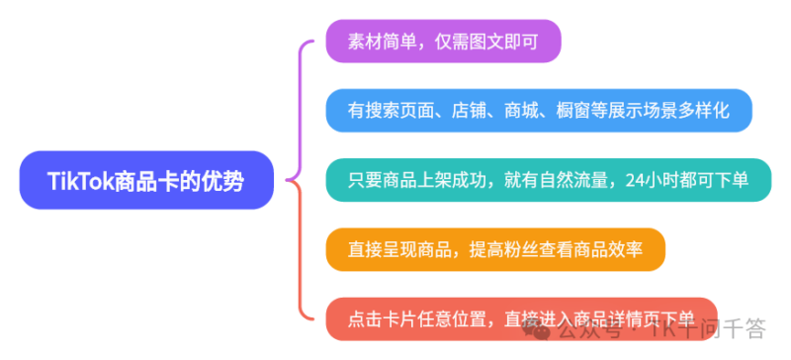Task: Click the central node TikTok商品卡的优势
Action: (x=145, y=180)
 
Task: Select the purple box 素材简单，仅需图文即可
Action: (x=443, y=43)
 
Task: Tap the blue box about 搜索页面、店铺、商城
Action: (x=539, y=111)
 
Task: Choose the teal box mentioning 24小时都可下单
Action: (x=548, y=180)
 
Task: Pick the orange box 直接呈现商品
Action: (x=495, y=249)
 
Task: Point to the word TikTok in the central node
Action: (x=81, y=180)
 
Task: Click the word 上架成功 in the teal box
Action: (x=461, y=180)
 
